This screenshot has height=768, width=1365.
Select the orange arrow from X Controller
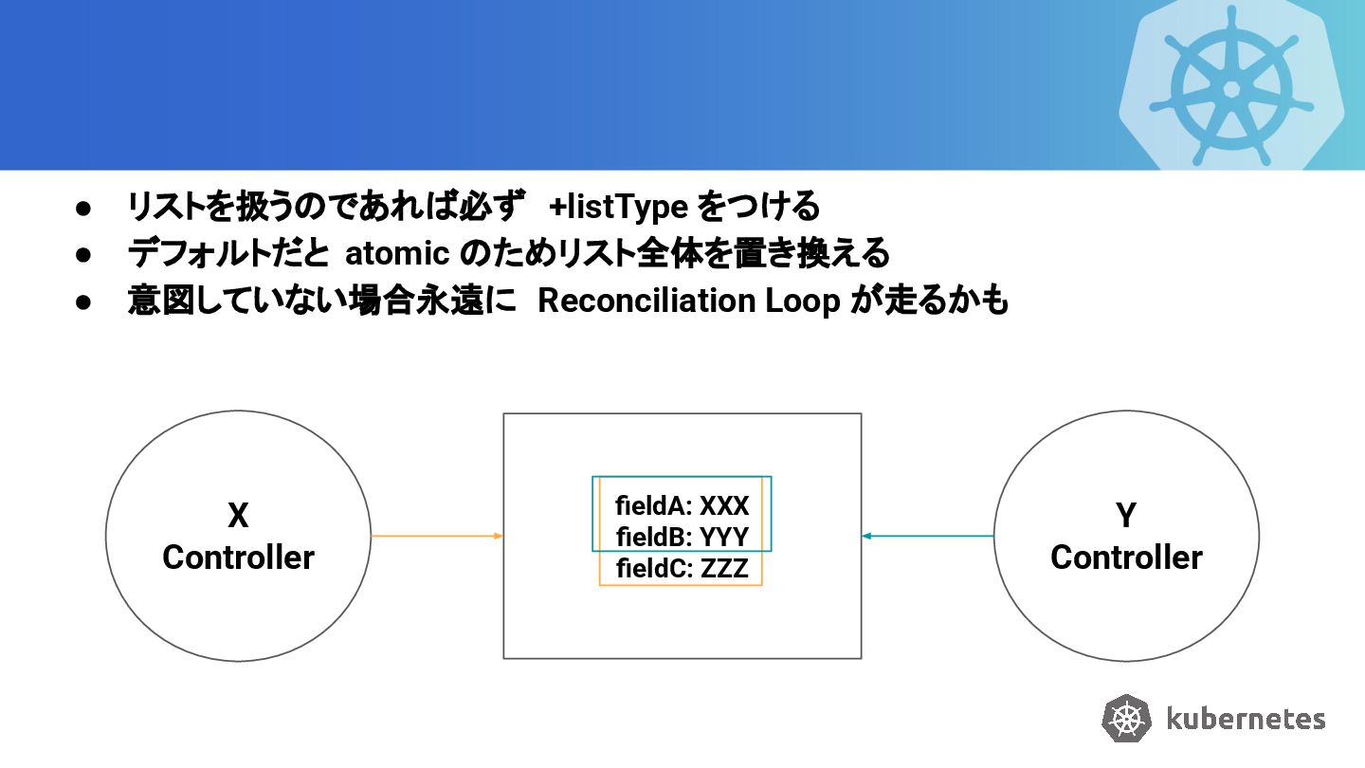[x=436, y=536]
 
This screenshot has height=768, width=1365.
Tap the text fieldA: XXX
[x=682, y=505]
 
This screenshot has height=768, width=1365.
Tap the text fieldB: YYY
[x=682, y=538]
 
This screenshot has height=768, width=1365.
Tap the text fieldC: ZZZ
[x=682, y=569]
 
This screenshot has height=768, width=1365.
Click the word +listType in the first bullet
[x=618, y=206]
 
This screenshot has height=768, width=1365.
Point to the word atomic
[x=396, y=253]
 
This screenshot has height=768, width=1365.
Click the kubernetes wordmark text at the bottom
[x=1245, y=719]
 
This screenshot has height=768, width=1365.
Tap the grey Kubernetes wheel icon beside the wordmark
[x=1126, y=718]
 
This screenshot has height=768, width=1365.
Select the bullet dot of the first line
[x=83, y=207]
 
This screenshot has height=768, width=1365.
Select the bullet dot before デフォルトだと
[x=83, y=254]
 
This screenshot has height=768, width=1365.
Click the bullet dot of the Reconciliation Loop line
[x=83, y=302]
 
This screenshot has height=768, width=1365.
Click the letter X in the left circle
[x=238, y=516]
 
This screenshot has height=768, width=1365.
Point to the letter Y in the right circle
[x=1126, y=516]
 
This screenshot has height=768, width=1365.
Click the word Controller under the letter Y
[x=1126, y=558]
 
